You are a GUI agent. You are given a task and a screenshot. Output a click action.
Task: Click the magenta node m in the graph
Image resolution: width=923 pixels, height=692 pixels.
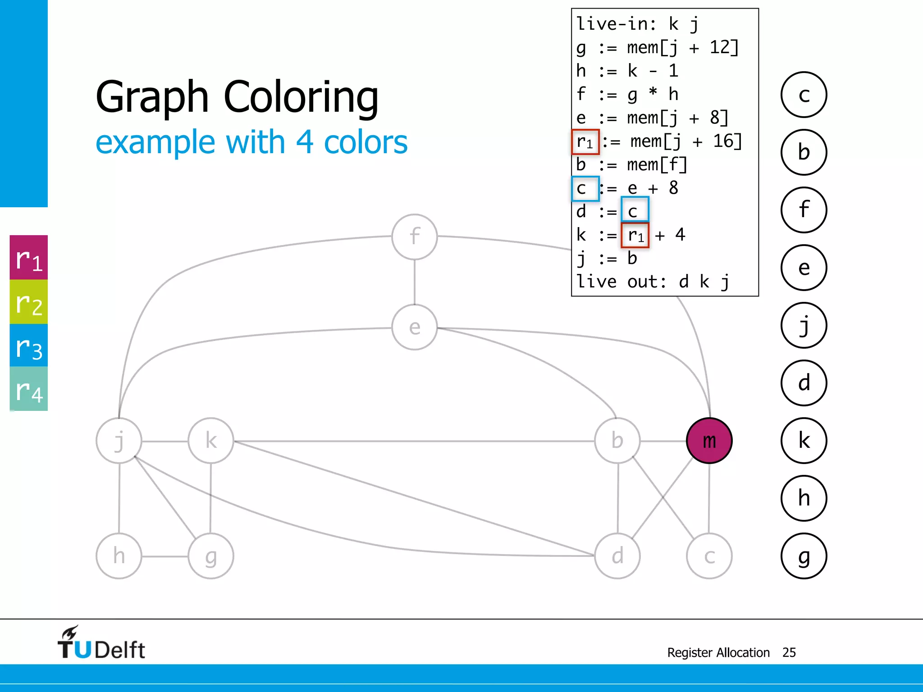tap(709, 441)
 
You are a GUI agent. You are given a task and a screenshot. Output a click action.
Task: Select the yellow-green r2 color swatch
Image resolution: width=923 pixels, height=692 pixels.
tap(29, 302)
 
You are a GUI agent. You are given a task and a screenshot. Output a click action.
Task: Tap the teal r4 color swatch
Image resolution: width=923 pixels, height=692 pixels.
tap(29, 389)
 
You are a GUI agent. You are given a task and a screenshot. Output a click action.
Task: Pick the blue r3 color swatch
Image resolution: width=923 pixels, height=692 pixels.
tap(29, 346)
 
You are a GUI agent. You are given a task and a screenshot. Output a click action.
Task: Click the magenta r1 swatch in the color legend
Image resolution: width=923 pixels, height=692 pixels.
tap(29, 258)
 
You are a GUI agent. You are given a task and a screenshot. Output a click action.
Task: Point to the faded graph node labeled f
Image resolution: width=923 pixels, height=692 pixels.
tap(415, 237)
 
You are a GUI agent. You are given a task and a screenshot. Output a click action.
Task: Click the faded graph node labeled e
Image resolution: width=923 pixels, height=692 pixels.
tap(415, 327)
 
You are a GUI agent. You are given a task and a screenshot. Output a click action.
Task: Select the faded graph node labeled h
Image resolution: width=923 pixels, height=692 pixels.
tap(119, 556)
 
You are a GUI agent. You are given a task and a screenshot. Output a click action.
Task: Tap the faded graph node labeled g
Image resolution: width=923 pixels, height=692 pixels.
tap(211, 556)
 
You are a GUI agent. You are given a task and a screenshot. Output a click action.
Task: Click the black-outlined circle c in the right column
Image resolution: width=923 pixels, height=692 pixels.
tap(804, 95)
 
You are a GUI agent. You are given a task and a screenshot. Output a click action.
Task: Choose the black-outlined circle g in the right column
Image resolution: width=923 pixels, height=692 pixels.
tap(804, 556)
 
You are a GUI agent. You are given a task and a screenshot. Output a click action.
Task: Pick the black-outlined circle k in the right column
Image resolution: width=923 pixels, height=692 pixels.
tap(804, 441)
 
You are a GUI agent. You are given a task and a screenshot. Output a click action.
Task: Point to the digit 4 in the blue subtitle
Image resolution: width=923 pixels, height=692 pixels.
tap(305, 142)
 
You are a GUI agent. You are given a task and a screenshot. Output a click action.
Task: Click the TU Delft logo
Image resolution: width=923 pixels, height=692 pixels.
tap(101, 643)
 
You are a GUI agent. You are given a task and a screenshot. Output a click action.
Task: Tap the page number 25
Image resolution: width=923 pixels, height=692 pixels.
tap(789, 652)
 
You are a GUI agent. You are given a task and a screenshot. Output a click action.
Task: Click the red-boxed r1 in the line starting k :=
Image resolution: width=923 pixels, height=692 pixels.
tap(635, 235)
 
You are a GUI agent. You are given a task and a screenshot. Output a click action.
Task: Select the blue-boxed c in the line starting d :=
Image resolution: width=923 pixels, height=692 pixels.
tap(635, 210)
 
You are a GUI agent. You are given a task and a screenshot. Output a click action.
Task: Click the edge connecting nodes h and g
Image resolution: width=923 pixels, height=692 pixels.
tap(165, 556)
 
